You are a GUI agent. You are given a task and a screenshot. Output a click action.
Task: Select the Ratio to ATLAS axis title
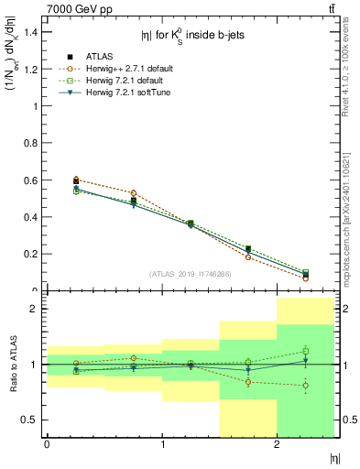pyautogui.click(x=12, y=365)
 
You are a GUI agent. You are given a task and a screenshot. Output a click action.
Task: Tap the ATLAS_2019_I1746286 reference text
pyautogui.click(x=191, y=274)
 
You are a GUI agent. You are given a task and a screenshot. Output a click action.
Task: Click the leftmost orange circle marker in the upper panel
pyautogui.click(x=75, y=180)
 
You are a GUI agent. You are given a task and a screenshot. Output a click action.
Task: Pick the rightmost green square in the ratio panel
pyautogui.click(x=306, y=351)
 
